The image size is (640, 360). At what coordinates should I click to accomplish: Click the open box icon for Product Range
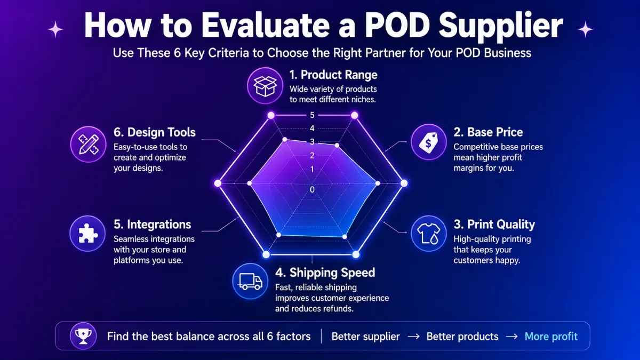(x=265, y=86)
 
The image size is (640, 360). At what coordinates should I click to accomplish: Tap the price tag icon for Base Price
(x=429, y=142)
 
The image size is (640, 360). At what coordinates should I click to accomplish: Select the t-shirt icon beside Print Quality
(x=429, y=234)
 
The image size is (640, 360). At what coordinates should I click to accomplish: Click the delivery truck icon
(x=250, y=281)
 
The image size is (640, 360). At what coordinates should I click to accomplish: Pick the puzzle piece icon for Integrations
(x=87, y=234)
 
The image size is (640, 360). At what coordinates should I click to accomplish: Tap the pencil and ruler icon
(x=89, y=145)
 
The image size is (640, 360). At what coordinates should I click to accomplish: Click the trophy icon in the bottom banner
(x=83, y=336)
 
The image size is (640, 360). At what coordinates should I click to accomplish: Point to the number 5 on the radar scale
(x=312, y=115)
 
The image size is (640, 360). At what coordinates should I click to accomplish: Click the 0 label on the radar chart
(x=312, y=189)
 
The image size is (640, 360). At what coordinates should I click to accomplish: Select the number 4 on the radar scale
(x=312, y=129)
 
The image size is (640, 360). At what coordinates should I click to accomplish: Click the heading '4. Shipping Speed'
(x=325, y=273)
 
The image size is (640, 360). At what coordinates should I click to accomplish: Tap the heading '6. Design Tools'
(x=155, y=132)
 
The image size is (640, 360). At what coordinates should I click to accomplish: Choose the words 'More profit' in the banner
(x=551, y=337)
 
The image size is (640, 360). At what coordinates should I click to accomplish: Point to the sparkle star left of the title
(x=55, y=29)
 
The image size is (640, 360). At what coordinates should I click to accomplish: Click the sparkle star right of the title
(x=585, y=29)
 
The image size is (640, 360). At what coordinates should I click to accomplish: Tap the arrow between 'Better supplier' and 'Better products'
(x=413, y=337)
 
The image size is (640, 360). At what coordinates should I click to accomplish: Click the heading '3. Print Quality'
(x=494, y=225)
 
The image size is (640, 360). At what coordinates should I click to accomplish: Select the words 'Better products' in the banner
(x=462, y=337)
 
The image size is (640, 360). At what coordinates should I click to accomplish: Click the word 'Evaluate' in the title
(x=266, y=25)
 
